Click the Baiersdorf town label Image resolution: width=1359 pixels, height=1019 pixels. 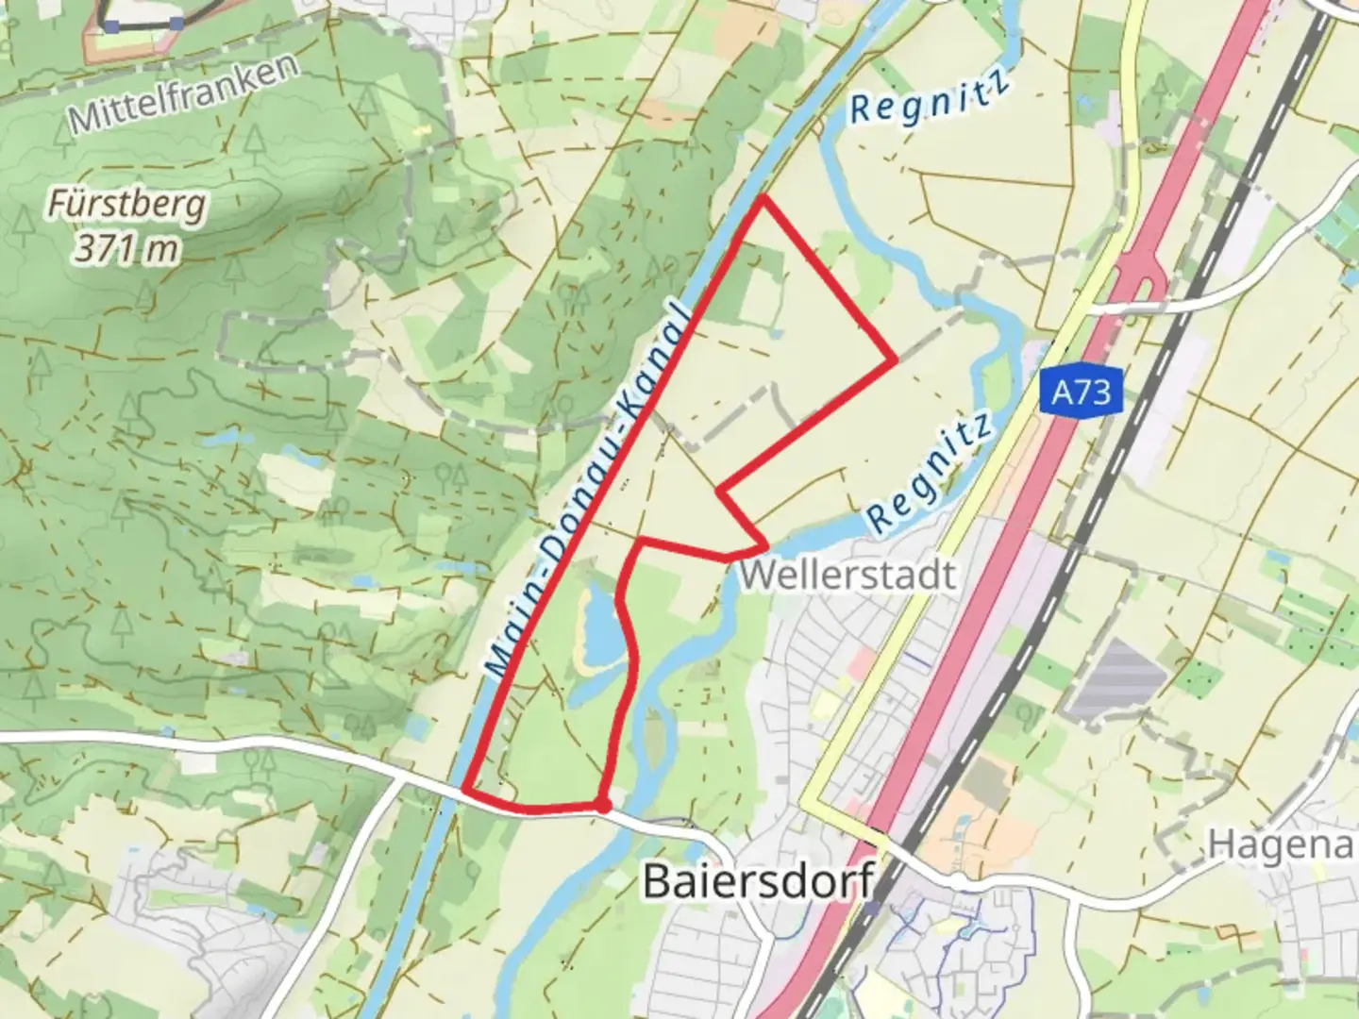(758, 881)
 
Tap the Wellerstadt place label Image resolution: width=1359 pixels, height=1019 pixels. (847, 574)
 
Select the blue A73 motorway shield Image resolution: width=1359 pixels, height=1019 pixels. (1082, 392)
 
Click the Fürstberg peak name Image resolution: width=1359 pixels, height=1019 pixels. (126, 204)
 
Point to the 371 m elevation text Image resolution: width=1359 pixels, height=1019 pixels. (126, 249)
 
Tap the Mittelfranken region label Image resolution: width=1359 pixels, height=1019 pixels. (183, 94)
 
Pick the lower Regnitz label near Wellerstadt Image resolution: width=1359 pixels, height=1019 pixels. (931, 472)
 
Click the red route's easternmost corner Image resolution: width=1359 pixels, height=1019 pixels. (894, 359)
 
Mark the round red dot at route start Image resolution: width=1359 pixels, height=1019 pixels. (602, 806)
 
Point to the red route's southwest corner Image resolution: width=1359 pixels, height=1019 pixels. (465, 789)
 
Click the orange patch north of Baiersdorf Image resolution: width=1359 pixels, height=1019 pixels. (981, 830)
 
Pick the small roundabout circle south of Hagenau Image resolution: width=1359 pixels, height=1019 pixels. (958, 879)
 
